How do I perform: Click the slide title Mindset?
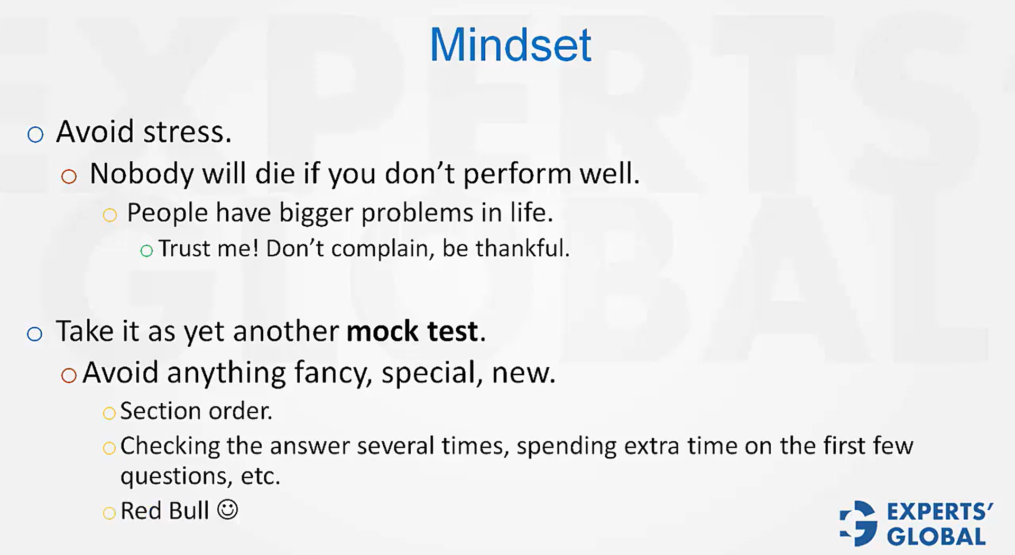[510, 45]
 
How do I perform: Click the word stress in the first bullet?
[188, 132]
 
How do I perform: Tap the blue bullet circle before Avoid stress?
[35, 134]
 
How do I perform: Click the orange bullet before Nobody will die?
[69, 177]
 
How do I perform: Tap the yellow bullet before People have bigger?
[109, 215]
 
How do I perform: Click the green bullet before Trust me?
[146, 251]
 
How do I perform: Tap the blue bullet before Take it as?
[34, 334]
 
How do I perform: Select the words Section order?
[196, 411]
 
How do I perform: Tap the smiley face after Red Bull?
[228, 510]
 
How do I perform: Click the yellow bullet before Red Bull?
[109, 513]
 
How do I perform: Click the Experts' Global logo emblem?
[859, 523]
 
